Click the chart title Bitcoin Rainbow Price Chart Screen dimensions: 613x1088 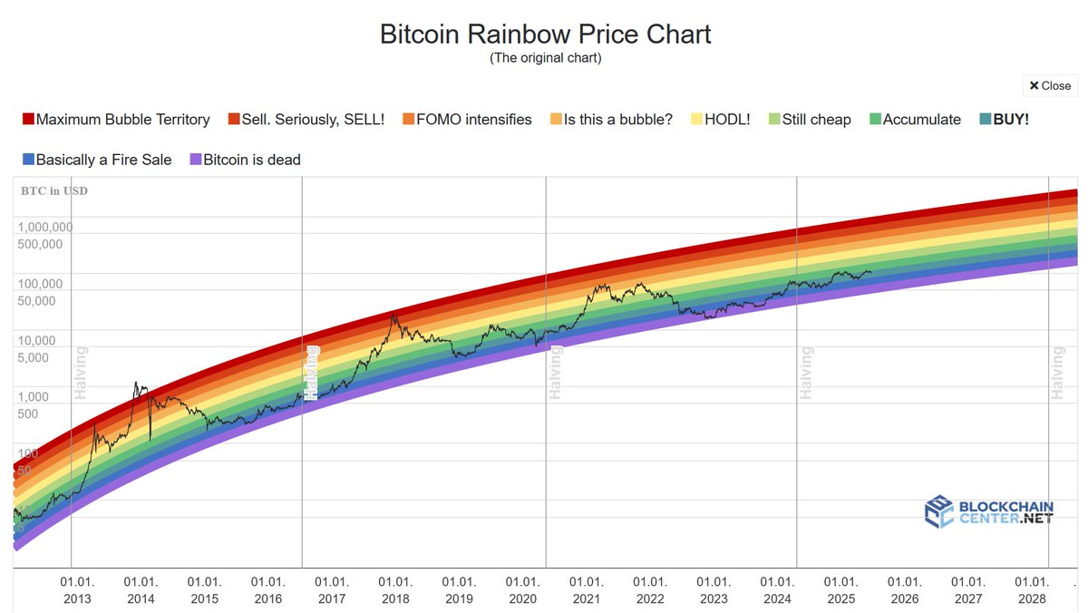(x=545, y=34)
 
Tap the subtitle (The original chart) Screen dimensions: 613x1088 (x=545, y=58)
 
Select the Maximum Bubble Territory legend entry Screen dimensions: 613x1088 (x=116, y=119)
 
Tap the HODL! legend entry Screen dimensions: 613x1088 (x=721, y=119)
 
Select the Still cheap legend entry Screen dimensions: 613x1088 (x=809, y=119)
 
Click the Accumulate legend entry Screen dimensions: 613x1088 (x=915, y=119)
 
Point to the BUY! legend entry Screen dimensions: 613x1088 (x=1004, y=119)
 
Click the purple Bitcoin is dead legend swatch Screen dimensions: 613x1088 (x=195, y=160)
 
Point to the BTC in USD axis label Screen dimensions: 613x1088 (x=54, y=190)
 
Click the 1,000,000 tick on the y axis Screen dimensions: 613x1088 (x=45, y=227)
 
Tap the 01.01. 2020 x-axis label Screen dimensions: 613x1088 (x=522, y=589)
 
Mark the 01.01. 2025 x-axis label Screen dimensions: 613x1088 (x=840, y=589)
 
